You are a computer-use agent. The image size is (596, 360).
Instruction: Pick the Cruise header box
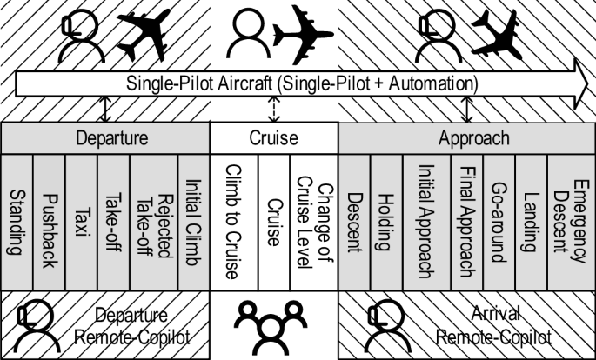pyautogui.click(x=273, y=138)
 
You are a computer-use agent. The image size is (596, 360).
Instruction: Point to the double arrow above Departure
pyautogui.click(x=105, y=110)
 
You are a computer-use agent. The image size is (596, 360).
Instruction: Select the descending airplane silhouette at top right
pyautogui.click(x=497, y=34)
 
